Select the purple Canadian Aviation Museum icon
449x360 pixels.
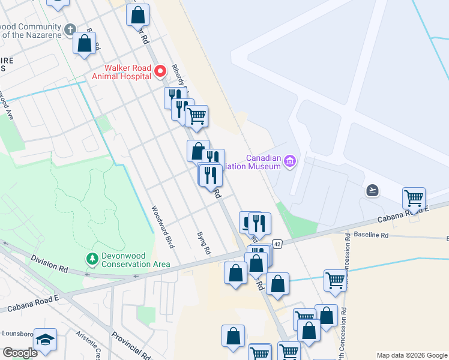pos(290,160)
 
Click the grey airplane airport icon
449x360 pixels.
pos(373,191)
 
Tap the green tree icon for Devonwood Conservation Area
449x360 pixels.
pos(92,259)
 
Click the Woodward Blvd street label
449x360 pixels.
pos(162,227)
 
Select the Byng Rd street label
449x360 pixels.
pos(203,242)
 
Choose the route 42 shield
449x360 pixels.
pos(277,244)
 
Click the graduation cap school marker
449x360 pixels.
pos(46,339)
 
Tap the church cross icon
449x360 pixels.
pos(70,29)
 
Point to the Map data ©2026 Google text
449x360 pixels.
pos(411,355)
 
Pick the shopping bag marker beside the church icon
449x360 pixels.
pos(85,44)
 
